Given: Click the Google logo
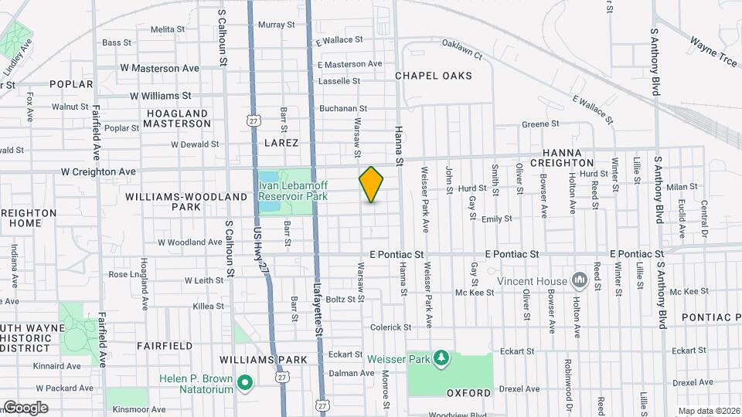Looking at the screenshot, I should [x=25, y=408].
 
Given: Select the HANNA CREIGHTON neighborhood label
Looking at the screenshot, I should [x=572, y=158].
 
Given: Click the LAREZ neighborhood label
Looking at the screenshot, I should [x=281, y=143].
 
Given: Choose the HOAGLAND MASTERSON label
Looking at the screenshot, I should [x=177, y=118].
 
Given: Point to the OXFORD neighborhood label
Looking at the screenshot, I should [x=468, y=393].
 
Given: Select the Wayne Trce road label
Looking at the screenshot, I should [x=713, y=52].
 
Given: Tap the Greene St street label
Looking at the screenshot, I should [x=539, y=124].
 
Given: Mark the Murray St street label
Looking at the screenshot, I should [x=272, y=25].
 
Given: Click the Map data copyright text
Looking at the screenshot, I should [x=708, y=411].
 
